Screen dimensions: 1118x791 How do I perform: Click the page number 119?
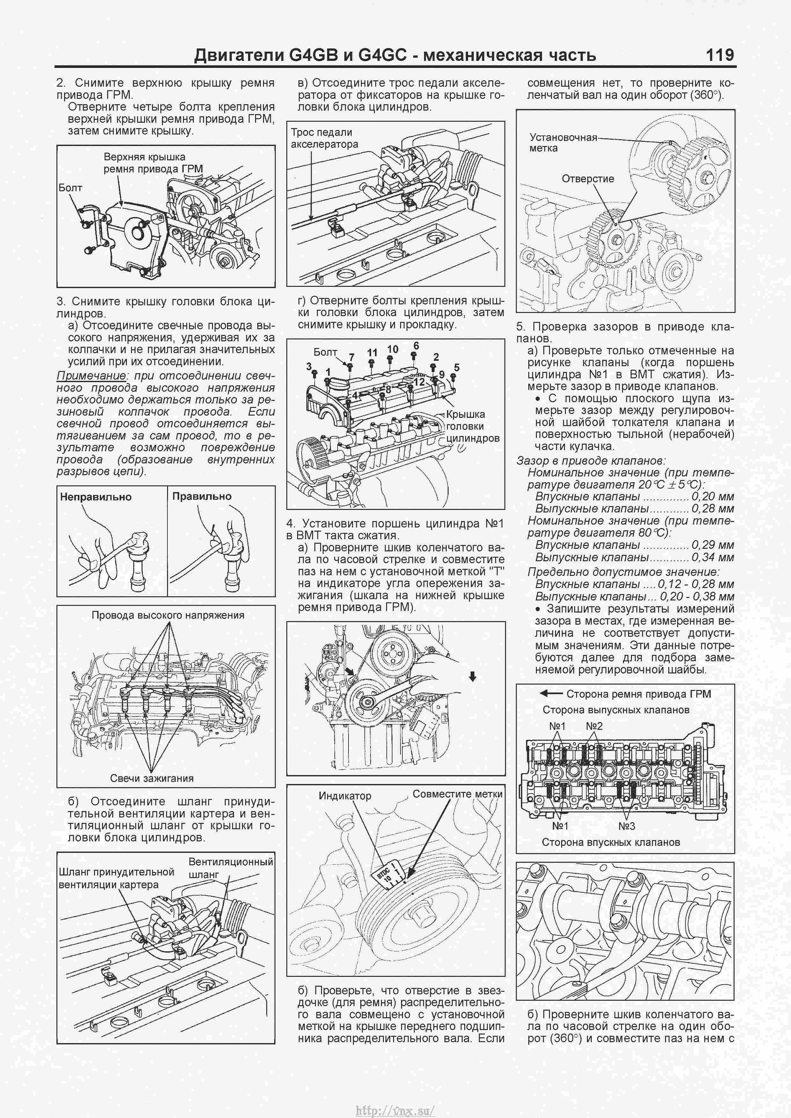(719, 54)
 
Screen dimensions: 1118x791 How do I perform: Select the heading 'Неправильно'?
(95, 497)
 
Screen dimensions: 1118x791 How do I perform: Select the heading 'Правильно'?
(201, 496)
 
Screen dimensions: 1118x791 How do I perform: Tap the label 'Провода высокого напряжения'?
(168, 615)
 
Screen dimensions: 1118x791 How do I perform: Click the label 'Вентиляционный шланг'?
(231, 868)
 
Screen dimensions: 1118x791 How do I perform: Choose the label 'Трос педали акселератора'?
(324, 138)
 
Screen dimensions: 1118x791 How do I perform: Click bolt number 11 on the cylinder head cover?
(372, 352)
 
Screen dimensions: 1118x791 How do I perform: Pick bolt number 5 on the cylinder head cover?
(456, 367)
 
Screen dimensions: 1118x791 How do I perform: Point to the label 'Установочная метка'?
(563, 143)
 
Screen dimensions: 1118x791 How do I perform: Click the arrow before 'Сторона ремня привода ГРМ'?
(551, 693)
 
